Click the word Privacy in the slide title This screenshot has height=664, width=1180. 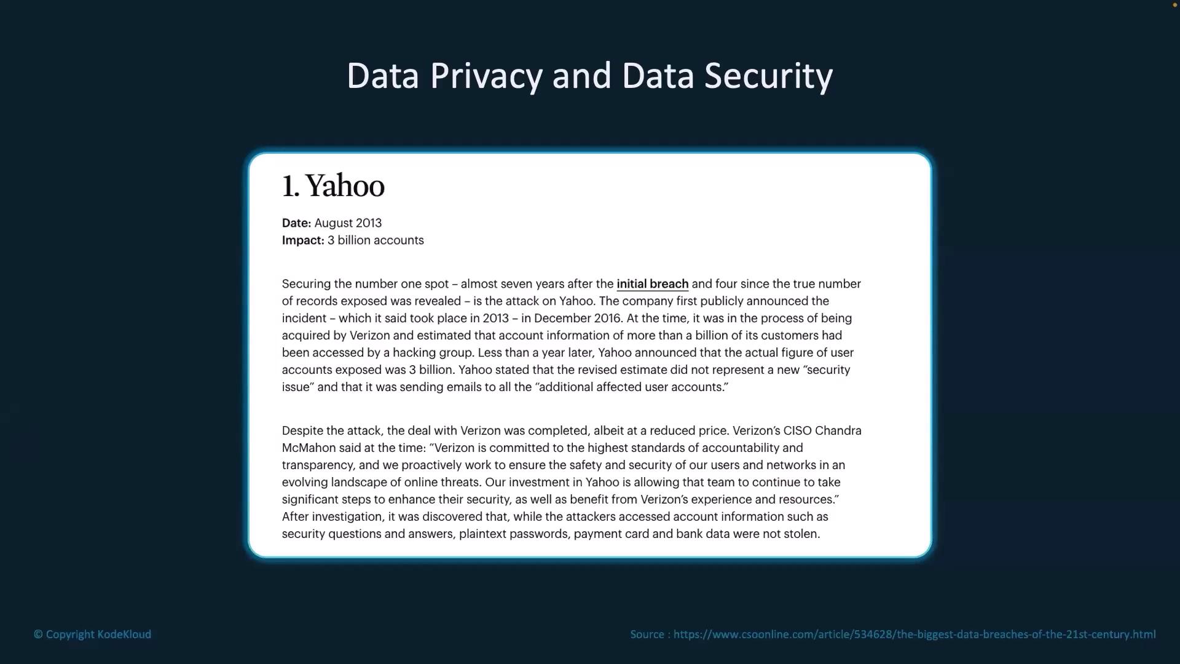[486, 76]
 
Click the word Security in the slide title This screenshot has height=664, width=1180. [768, 76]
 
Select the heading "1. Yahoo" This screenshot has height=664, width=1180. [333, 186]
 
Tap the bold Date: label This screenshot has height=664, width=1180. [296, 223]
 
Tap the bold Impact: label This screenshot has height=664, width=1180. [303, 240]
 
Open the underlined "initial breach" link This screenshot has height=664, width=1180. [652, 284]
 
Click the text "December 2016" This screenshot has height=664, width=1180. [578, 318]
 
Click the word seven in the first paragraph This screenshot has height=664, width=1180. [516, 284]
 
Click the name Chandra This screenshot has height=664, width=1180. [838, 431]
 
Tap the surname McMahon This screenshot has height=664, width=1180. [309, 448]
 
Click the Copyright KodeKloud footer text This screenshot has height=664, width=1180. [93, 634]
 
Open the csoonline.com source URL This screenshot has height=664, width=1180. [914, 634]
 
